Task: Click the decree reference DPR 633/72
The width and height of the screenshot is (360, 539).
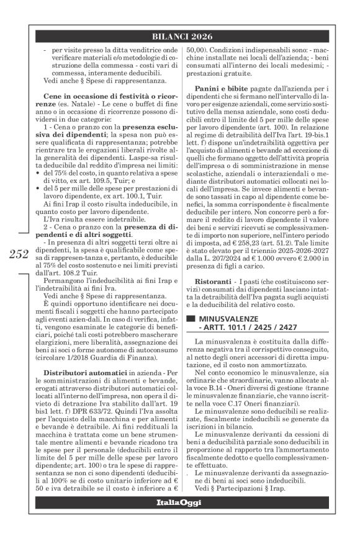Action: [x=80, y=392]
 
